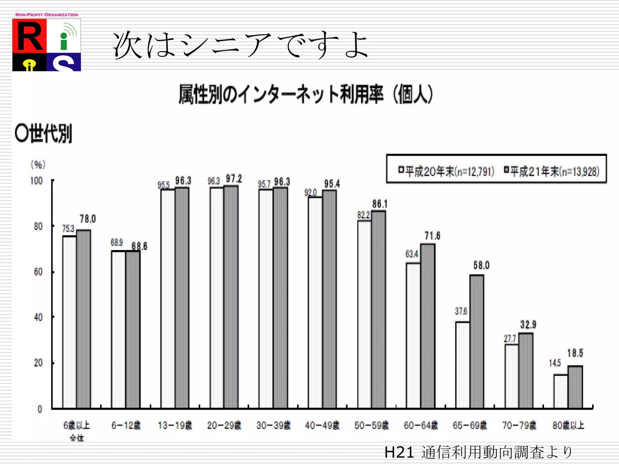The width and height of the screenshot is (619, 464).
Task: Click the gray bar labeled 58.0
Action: pos(477,341)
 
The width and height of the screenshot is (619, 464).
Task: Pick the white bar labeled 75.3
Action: pos(70,322)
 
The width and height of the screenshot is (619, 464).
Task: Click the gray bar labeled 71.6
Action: pos(428,326)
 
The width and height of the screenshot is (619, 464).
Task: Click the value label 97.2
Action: pos(234,179)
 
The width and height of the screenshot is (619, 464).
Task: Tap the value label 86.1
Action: pos(380,204)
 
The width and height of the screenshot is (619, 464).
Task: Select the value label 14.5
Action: pos(555,363)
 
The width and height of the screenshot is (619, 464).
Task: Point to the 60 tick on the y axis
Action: pos(38,272)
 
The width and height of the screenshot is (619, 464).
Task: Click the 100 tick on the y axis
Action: pos(36,181)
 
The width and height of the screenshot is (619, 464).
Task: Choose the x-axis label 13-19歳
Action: pos(175,425)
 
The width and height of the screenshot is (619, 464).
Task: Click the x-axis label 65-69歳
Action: pos(470,425)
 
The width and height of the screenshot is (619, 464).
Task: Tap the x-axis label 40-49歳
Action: pos(322,425)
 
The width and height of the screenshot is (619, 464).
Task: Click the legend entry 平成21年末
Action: pos(552,171)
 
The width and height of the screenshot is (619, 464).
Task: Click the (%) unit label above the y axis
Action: pos(38,165)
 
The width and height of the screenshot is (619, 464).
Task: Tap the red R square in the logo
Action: pos(29,36)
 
